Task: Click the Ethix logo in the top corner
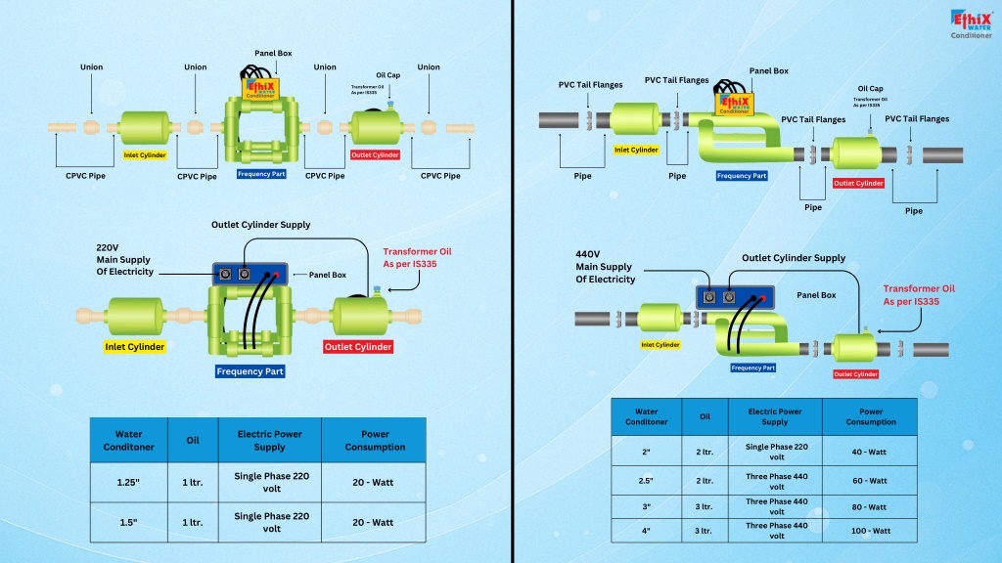(x=971, y=22)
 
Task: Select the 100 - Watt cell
(x=870, y=531)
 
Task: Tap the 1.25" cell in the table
(x=128, y=482)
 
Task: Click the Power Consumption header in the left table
(x=375, y=441)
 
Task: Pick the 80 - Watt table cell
(x=870, y=506)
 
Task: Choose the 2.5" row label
(x=646, y=481)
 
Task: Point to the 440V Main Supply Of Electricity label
(x=605, y=267)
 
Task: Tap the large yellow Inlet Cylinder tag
(x=135, y=347)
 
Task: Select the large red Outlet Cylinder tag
(x=358, y=347)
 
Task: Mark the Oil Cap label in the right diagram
(x=870, y=88)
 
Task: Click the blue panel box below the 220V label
(x=251, y=275)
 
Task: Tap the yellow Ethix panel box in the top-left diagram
(x=260, y=88)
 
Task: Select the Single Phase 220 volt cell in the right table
(x=774, y=452)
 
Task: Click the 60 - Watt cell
(x=870, y=481)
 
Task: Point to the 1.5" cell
(x=128, y=522)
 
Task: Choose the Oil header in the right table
(x=705, y=416)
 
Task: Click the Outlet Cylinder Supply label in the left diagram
(x=261, y=225)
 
